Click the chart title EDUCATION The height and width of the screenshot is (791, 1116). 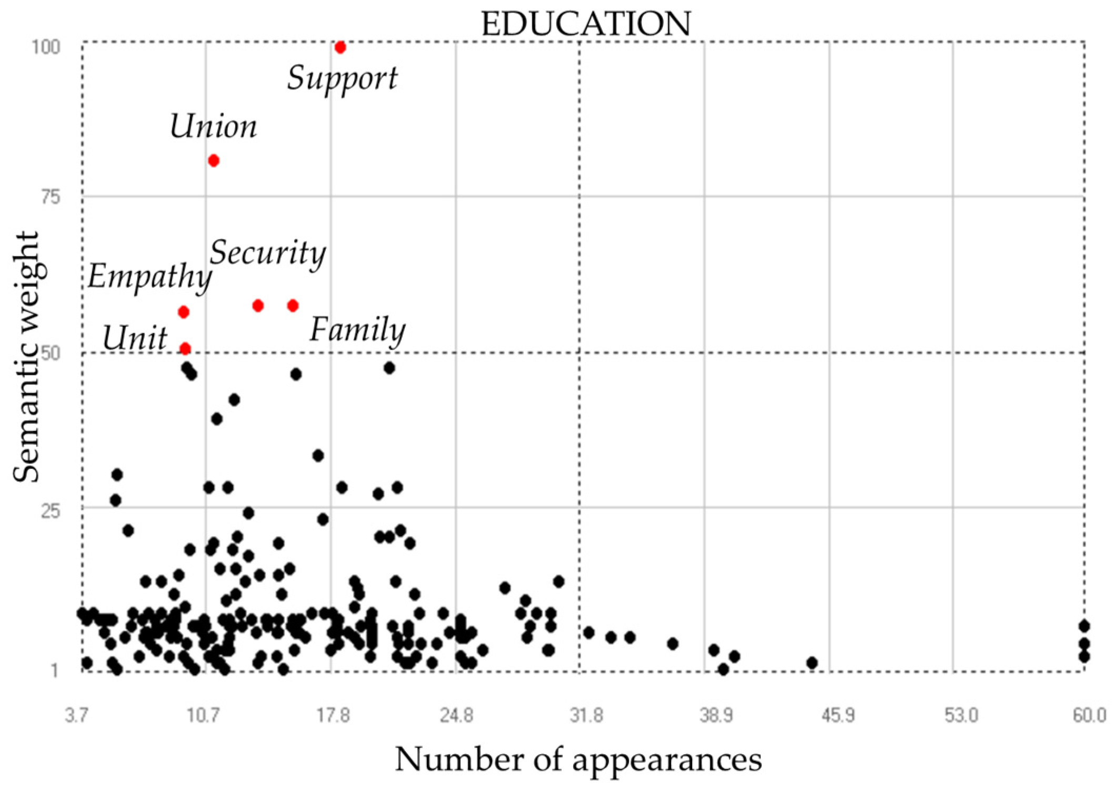click(585, 24)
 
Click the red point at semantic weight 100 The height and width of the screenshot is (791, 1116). click(340, 47)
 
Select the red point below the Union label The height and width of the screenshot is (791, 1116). click(213, 161)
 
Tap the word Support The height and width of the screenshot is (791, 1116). click(342, 79)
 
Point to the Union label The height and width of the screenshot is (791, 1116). click(213, 127)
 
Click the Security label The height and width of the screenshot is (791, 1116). click(268, 253)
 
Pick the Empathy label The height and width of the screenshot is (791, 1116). click(150, 277)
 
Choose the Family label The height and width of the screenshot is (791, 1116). click(357, 331)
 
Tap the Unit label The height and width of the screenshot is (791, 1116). click(135, 338)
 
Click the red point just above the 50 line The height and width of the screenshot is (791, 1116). click(185, 348)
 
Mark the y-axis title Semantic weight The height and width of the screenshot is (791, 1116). click(26, 357)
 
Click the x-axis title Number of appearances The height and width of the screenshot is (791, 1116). click(578, 759)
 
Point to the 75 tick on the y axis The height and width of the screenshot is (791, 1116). click(51, 197)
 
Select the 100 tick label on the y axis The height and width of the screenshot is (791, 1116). click(46, 47)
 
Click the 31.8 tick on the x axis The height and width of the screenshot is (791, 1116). click(585, 716)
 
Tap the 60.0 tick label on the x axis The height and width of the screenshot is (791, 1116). click(1089, 716)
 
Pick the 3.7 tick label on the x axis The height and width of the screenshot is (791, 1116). click(77, 716)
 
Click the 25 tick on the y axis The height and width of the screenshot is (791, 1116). click(51, 510)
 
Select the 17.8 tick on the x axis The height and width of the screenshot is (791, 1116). click(333, 716)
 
